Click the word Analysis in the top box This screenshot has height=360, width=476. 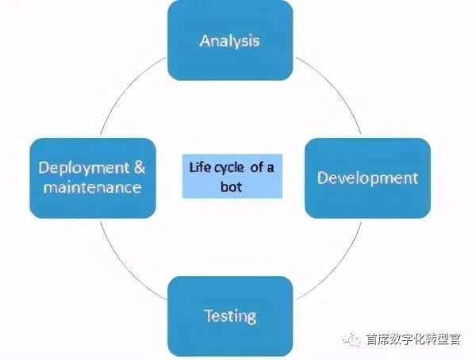point(229,40)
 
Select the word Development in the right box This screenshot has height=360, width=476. point(367,177)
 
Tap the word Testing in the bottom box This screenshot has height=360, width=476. point(230,316)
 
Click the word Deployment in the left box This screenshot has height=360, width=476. point(81,168)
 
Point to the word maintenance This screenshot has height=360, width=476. point(92,188)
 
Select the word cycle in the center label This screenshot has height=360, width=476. point(226,167)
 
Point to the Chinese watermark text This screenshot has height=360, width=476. point(413,339)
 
